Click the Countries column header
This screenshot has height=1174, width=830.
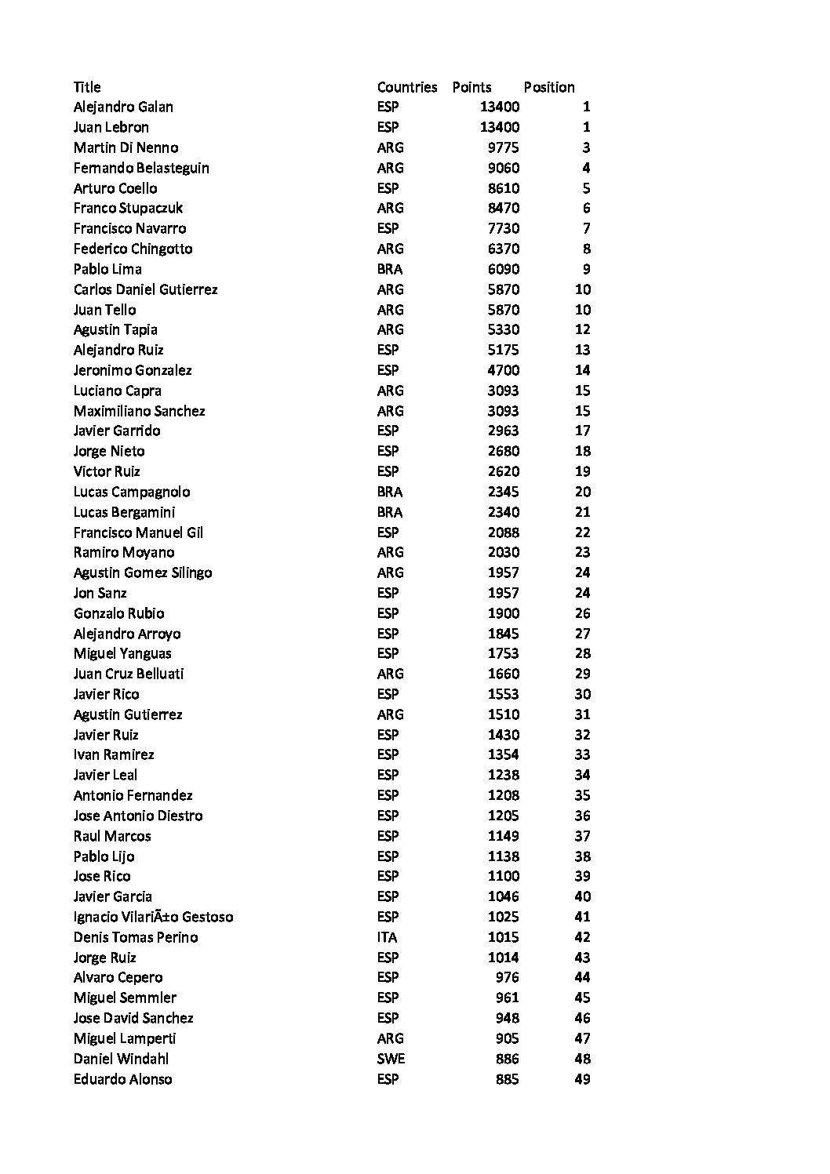point(406,87)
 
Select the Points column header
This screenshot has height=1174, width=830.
point(471,87)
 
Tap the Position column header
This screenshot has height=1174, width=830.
point(549,87)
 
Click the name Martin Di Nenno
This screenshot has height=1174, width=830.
point(126,147)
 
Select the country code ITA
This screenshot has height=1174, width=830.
point(387,937)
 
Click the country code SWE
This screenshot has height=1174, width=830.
point(391,1059)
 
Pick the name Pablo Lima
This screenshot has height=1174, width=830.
point(107,269)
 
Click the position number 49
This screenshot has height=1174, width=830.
point(582,1079)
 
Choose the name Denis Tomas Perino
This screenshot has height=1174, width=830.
point(136,937)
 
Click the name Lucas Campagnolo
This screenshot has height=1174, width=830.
point(132,492)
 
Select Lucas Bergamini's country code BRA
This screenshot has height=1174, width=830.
point(389,512)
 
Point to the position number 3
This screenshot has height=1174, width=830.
point(586,147)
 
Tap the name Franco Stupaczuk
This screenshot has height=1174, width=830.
point(128,208)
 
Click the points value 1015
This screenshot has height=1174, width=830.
point(503,937)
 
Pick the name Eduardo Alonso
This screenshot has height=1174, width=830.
point(122,1079)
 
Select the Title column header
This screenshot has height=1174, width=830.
point(87,87)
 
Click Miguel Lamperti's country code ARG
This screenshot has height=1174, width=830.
point(390,1038)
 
